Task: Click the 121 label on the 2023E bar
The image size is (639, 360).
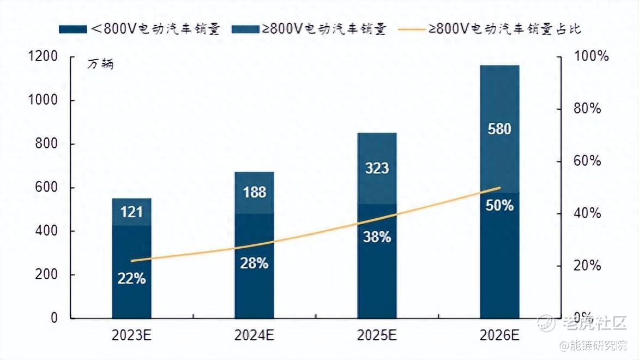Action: click(x=131, y=212)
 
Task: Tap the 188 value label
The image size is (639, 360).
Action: click(x=255, y=192)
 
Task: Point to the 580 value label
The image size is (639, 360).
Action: click(x=499, y=129)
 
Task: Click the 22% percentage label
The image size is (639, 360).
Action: click(x=131, y=279)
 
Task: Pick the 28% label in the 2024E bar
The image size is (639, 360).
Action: click(x=255, y=263)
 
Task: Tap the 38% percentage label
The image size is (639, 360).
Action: click(x=377, y=237)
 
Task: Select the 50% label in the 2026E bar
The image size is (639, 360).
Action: click(x=499, y=206)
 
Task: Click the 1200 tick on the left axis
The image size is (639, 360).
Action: click(x=43, y=57)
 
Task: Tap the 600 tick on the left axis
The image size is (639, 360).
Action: click(x=47, y=188)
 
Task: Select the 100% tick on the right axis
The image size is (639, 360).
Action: click(x=586, y=57)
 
